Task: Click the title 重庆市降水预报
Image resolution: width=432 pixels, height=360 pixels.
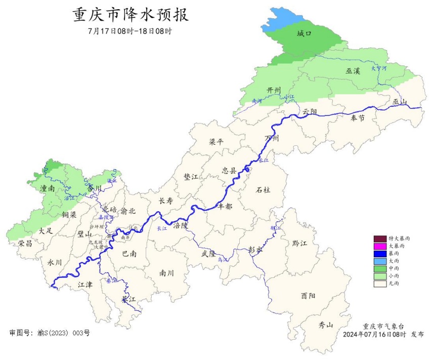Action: (x=131, y=15)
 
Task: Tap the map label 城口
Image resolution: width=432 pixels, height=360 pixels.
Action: (x=304, y=34)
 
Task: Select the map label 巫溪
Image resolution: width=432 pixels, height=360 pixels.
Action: (x=353, y=71)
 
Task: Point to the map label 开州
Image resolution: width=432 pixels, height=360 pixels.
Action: (x=274, y=90)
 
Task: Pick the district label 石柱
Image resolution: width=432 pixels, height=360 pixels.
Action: (x=263, y=189)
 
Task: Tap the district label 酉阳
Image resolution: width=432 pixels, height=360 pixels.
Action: (x=308, y=295)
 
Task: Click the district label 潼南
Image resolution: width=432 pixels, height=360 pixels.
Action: (x=48, y=188)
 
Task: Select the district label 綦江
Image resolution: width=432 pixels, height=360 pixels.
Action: (x=128, y=299)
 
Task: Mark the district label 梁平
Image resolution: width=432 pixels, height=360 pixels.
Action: (x=216, y=142)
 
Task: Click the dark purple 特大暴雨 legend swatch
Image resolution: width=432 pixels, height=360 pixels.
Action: (x=379, y=238)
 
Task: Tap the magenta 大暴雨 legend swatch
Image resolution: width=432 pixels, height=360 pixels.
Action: (x=379, y=246)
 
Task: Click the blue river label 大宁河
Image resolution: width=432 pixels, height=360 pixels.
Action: (x=378, y=67)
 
